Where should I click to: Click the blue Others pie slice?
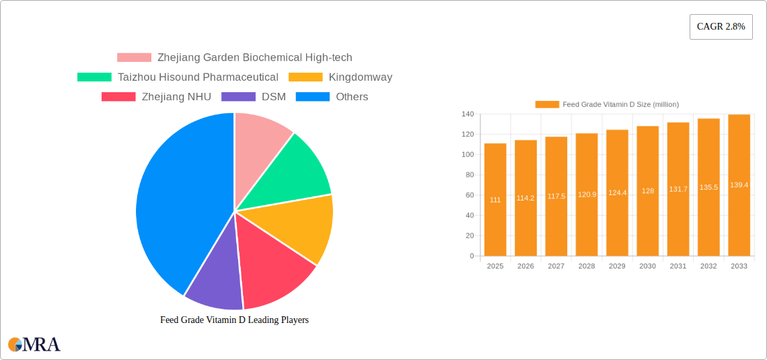click(x=176, y=202)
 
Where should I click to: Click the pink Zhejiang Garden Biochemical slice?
click(x=259, y=138)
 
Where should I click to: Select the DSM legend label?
click(x=273, y=97)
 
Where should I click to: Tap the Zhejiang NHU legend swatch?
click(x=118, y=97)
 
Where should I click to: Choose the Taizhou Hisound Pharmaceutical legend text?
click(x=198, y=77)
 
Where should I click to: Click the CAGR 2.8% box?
click(x=721, y=26)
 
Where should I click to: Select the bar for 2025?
click(x=495, y=199)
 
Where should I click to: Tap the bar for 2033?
click(x=739, y=185)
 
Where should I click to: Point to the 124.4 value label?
click(x=617, y=192)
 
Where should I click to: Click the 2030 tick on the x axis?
click(x=647, y=266)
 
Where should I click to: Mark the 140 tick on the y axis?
click(x=467, y=114)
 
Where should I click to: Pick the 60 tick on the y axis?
click(x=469, y=195)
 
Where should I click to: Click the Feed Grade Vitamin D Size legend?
click(x=607, y=104)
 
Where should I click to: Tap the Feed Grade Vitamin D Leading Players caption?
click(x=234, y=320)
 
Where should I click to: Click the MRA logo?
click(x=34, y=345)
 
